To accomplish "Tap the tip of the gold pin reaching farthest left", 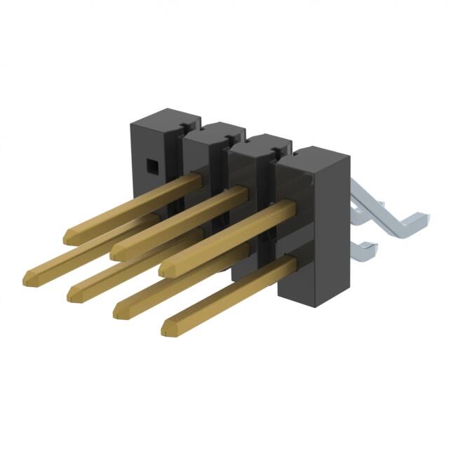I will coord(29,275).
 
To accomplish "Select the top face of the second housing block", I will coord(214,131).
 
